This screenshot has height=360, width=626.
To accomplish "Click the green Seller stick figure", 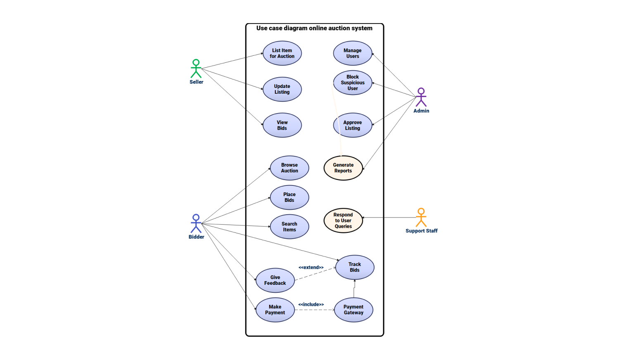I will (196, 69).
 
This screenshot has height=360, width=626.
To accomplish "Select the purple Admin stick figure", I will (421, 97).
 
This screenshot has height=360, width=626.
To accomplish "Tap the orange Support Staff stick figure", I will (421, 218).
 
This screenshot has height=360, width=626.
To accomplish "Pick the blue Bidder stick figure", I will (196, 223).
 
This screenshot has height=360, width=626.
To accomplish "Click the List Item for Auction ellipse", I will (282, 53).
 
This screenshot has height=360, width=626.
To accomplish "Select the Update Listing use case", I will (282, 89).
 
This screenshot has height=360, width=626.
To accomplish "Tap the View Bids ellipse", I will (282, 125).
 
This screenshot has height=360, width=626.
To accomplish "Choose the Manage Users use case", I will (353, 53).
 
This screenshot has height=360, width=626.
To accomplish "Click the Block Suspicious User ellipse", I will (353, 83).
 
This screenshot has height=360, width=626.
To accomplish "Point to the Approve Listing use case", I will (353, 125).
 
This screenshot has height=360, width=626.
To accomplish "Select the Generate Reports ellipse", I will (343, 168).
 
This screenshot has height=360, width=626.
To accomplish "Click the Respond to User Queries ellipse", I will (343, 220).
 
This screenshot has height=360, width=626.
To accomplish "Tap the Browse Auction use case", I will (289, 168).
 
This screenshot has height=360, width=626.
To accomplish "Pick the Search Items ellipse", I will (289, 227).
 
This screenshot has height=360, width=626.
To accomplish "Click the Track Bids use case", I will (355, 267).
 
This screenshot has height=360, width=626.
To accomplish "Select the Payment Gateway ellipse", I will (353, 310).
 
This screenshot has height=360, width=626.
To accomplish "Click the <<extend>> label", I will (311, 268).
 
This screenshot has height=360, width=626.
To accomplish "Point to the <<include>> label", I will (311, 305).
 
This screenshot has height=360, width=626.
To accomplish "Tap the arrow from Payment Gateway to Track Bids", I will (354, 289).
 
